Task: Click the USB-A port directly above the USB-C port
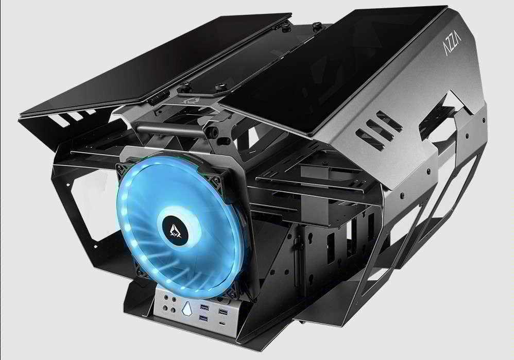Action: tap(222, 312)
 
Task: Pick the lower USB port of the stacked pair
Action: tap(203, 319)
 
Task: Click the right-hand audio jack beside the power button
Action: tap(174, 300)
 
